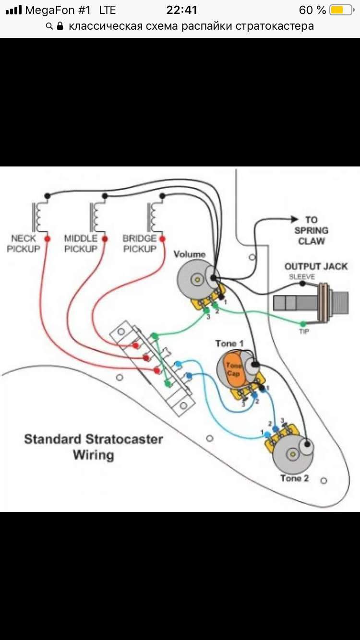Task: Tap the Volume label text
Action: (x=190, y=254)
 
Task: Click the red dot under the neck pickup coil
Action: (x=48, y=238)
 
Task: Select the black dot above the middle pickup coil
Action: (x=105, y=196)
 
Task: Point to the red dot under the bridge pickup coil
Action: (x=162, y=239)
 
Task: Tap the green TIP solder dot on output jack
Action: (x=303, y=324)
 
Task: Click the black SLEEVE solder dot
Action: (x=302, y=284)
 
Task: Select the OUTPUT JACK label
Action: (x=316, y=266)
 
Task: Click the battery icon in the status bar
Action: (x=342, y=10)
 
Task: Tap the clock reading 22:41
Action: (x=182, y=10)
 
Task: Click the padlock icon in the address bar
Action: (x=60, y=26)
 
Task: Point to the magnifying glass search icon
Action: (x=49, y=26)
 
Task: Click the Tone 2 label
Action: (x=295, y=478)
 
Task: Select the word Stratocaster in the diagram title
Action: (x=124, y=439)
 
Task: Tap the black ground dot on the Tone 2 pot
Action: (x=307, y=444)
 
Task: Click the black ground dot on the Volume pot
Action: (x=213, y=277)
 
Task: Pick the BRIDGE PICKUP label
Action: (x=140, y=243)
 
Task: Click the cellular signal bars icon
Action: (x=14, y=10)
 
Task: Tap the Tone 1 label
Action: (x=229, y=344)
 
